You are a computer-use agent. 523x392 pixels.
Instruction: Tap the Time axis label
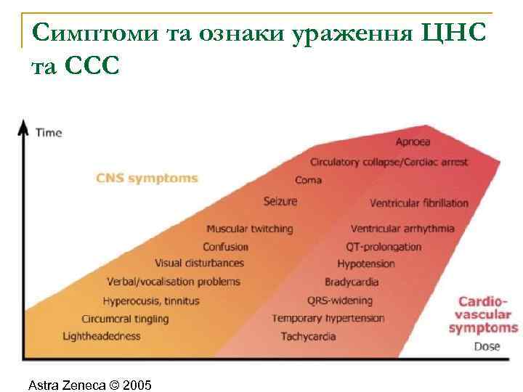[49, 133]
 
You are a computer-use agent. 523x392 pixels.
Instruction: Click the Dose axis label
[487, 346]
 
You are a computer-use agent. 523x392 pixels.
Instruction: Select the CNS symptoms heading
[147, 178]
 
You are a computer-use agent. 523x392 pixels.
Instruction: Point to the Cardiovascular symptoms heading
[483, 314]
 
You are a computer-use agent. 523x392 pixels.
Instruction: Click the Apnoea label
[413, 141]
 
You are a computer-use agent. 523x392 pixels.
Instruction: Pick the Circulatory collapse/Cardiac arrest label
[389, 162]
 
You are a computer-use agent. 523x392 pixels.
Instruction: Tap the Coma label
[309, 180]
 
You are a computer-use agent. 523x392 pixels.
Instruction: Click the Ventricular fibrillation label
[419, 203]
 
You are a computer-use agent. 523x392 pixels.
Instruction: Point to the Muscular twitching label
[249, 229]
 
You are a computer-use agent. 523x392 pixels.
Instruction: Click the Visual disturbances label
[199, 263]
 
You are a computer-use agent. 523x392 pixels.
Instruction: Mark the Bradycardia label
[352, 282]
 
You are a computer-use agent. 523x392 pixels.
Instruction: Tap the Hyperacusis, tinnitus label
[151, 301]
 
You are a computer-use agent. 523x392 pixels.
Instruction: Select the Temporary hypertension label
[328, 318]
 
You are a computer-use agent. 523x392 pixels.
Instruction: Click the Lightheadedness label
[102, 336]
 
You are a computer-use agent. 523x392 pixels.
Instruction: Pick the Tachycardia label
[308, 336]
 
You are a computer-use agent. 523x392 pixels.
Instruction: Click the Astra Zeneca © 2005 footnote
[89, 384]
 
